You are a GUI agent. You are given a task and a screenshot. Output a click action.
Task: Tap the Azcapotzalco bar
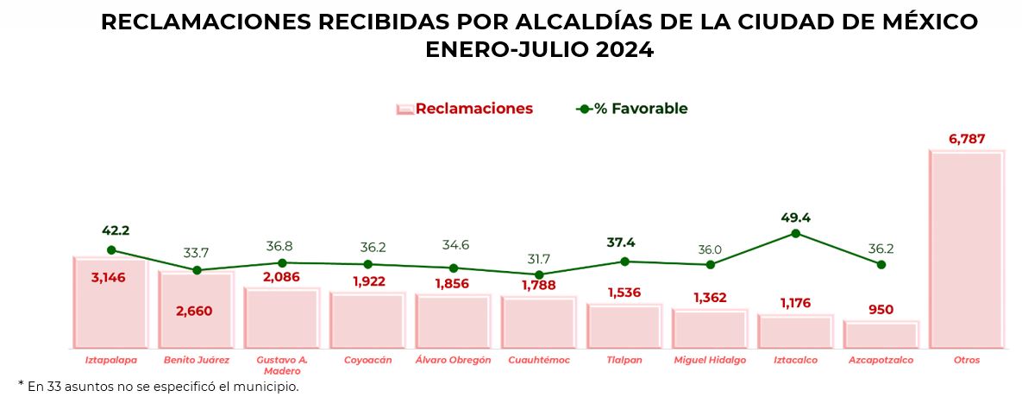pyautogui.click(x=881, y=334)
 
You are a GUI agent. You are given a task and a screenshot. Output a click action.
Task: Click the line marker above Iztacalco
pyautogui.click(x=795, y=233)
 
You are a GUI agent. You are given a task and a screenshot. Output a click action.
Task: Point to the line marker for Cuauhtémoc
pyautogui.click(x=539, y=274)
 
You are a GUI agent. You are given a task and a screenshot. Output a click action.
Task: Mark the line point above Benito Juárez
pyautogui.click(x=197, y=270)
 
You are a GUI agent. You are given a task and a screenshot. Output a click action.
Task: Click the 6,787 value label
pyautogui.click(x=966, y=139)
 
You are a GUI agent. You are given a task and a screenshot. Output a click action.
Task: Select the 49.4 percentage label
pyautogui.click(x=795, y=217)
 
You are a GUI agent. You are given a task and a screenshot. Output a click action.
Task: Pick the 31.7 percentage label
pyautogui.click(x=539, y=258)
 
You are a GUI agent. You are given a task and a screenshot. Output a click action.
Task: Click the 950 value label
pyautogui.click(x=881, y=310)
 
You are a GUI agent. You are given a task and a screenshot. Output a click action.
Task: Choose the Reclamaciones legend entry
pyautogui.click(x=473, y=109)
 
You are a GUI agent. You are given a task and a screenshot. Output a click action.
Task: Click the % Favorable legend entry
pyautogui.click(x=640, y=109)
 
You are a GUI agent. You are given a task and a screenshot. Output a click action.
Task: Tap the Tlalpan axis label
pyautogui.click(x=624, y=360)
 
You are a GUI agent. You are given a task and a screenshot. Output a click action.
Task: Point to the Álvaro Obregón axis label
pyautogui.click(x=453, y=360)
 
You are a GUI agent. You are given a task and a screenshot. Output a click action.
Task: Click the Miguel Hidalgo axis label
pyautogui.click(x=709, y=360)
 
